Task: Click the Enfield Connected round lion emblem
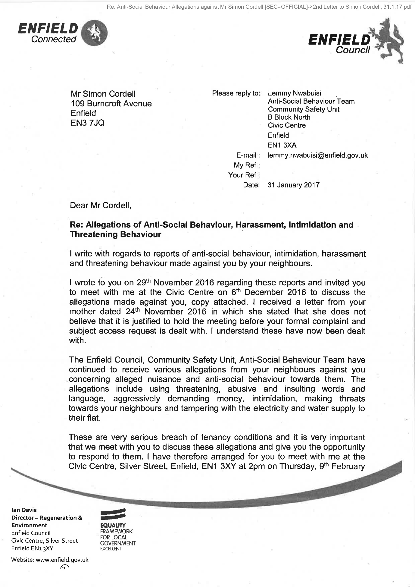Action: click(x=95, y=33)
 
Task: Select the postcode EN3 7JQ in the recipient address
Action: click(x=87, y=123)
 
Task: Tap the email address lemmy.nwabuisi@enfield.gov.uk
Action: click(x=318, y=155)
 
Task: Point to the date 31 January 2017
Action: click(x=293, y=185)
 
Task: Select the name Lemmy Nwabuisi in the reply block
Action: click(x=294, y=93)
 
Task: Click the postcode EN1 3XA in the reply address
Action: click(x=282, y=145)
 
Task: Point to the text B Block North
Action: click(x=289, y=117)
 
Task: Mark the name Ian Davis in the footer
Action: click(x=24, y=510)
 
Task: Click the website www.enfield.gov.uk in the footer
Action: click(x=62, y=560)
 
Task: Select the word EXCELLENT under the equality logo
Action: click(x=111, y=549)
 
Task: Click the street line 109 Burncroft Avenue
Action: click(x=111, y=104)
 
